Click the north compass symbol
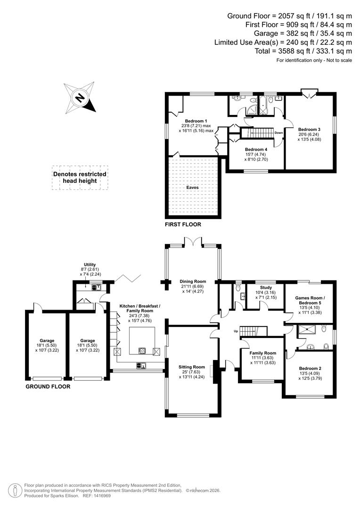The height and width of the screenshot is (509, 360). pos(80,98)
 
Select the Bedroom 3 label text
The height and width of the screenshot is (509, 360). pos(309,129)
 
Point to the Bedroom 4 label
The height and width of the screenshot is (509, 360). pos(256,149)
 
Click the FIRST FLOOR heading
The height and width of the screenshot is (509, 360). pos(183,225)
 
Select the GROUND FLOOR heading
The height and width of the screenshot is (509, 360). pos(48,386)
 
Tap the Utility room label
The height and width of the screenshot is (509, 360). pos(90,265)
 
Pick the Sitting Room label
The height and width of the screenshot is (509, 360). pos(191,367)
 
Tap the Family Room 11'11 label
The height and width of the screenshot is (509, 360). pos(263,353)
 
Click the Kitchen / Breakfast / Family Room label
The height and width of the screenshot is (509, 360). pos(139,309)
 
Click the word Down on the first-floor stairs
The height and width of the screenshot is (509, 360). pos(278,132)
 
